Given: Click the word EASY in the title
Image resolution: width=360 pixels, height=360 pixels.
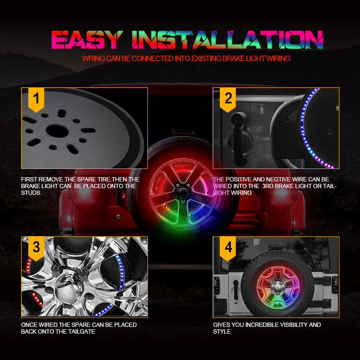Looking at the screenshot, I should (x=87, y=39).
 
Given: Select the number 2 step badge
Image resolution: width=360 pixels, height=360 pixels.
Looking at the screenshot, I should (x=228, y=98).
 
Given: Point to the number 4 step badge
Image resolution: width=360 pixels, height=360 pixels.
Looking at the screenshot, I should (x=228, y=248).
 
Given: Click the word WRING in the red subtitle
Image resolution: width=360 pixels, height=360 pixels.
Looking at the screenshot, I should (x=93, y=59).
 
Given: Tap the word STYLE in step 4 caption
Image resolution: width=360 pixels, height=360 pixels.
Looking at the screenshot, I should (x=222, y=332).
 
